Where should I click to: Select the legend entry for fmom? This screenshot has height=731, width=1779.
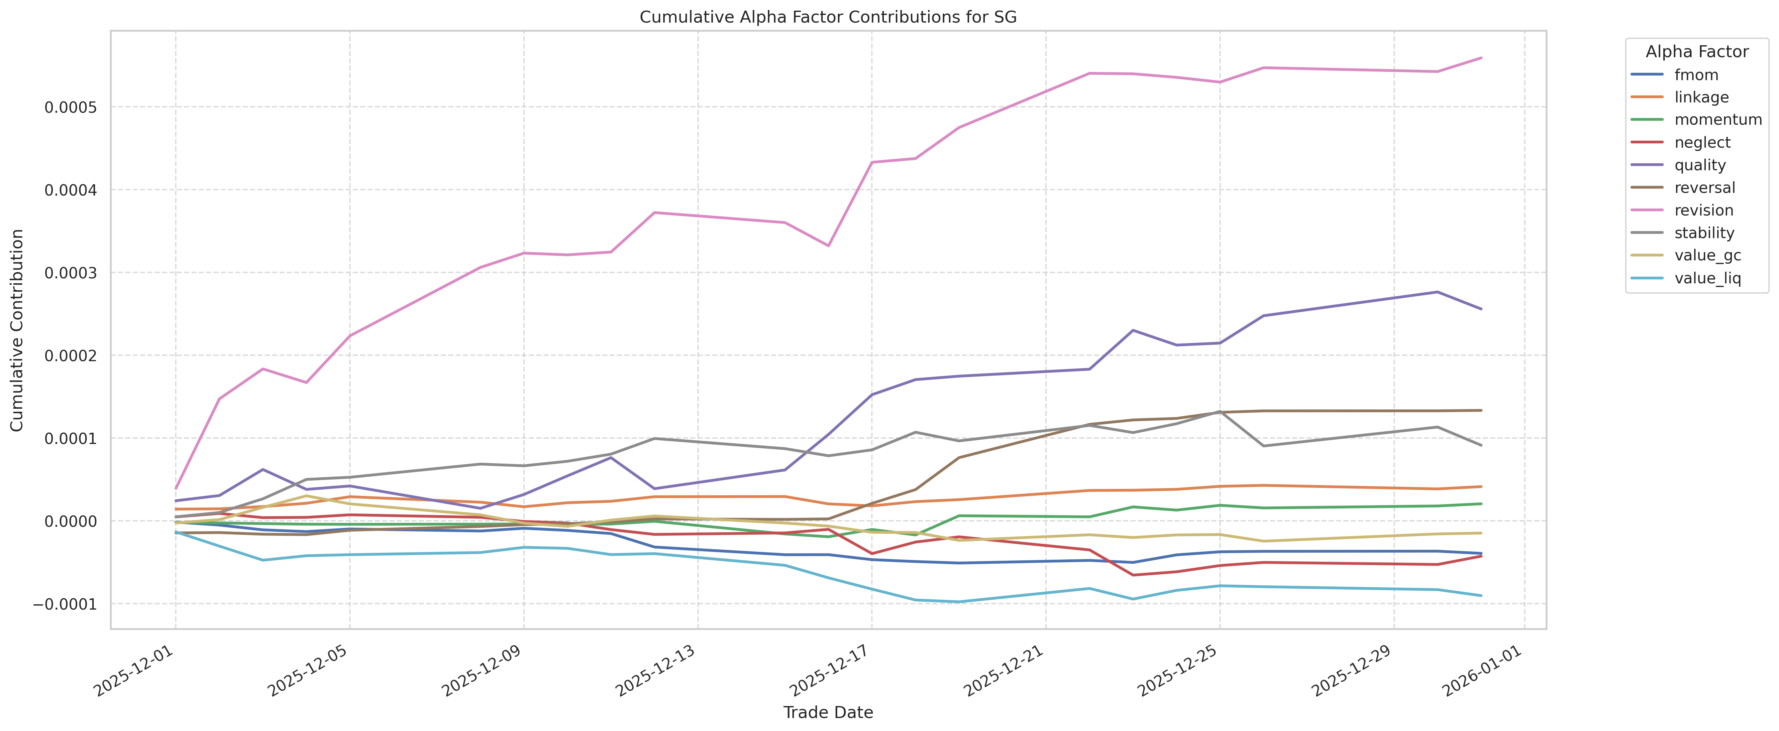click(1696, 74)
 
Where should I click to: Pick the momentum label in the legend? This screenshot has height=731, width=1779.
click(1718, 119)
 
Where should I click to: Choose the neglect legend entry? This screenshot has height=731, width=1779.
click(1702, 142)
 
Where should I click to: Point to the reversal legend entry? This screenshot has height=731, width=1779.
click(1705, 188)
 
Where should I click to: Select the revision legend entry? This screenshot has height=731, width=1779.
click(1704, 210)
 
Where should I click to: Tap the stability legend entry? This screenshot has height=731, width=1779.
click(1704, 233)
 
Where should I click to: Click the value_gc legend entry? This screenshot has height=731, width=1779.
click(1707, 256)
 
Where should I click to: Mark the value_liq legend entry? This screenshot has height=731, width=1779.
click(1707, 278)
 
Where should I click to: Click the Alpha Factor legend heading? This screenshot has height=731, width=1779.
click(1697, 52)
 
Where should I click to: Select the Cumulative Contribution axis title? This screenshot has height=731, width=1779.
click(17, 330)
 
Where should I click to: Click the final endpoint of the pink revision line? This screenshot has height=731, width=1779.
click(1481, 58)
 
